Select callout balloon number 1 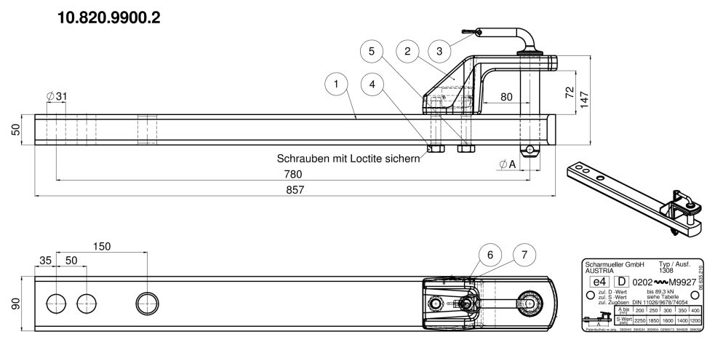[x=336, y=84]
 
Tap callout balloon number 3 [x=440, y=51]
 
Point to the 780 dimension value [x=293, y=174]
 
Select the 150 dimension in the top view [x=102, y=246]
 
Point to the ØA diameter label [x=507, y=165]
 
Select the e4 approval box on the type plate [x=599, y=281]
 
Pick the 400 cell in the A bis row [x=696, y=309]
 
